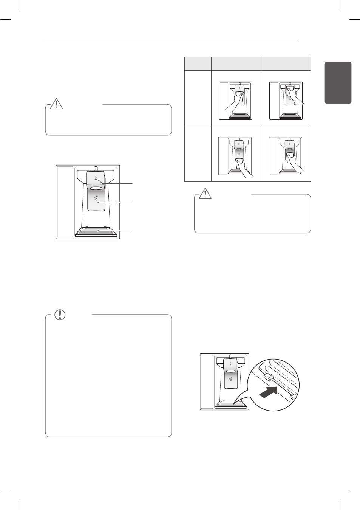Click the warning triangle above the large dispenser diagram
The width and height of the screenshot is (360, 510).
click(x=56, y=104)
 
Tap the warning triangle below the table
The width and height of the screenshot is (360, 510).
click(x=205, y=193)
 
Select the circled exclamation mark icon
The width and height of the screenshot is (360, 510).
click(x=60, y=315)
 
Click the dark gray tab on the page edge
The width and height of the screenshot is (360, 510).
click(x=338, y=82)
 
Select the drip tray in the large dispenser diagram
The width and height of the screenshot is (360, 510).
click(x=96, y=232)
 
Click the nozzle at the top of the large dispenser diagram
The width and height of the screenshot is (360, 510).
click(x=96, y=168)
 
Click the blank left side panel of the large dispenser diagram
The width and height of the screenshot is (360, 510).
click(x=65, y=202)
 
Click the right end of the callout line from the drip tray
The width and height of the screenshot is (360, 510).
click(x=133, y=230)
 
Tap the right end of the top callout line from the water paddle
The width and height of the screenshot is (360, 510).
click(x=133, y=184)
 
